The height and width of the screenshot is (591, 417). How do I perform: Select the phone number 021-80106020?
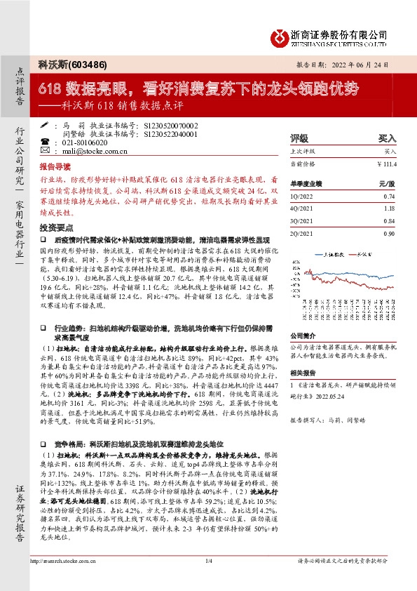(x=90, y=142)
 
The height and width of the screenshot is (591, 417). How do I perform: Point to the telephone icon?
(x=46, y=142)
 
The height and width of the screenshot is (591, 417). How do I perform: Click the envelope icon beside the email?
(x=46, y=150)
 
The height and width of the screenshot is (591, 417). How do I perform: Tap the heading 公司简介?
(x=303, y=336)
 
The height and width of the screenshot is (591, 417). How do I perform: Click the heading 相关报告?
(x=303, y=373)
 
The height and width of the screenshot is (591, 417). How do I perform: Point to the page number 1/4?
(x=208, y=580)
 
